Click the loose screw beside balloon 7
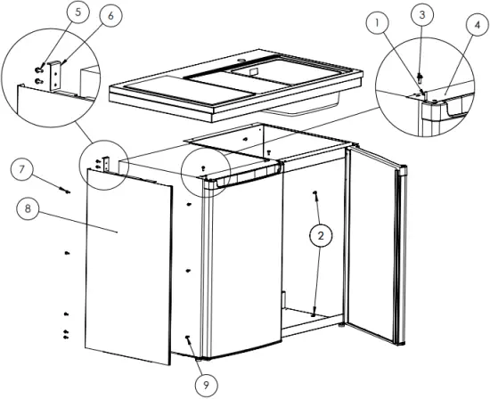click(x=65, y=189)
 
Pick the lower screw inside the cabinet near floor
click(x=314, y=312)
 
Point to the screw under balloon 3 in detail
click(x=421, y=77)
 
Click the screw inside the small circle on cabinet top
click(x=204, y=167)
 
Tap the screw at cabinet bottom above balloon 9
click(x=188, y=338)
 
